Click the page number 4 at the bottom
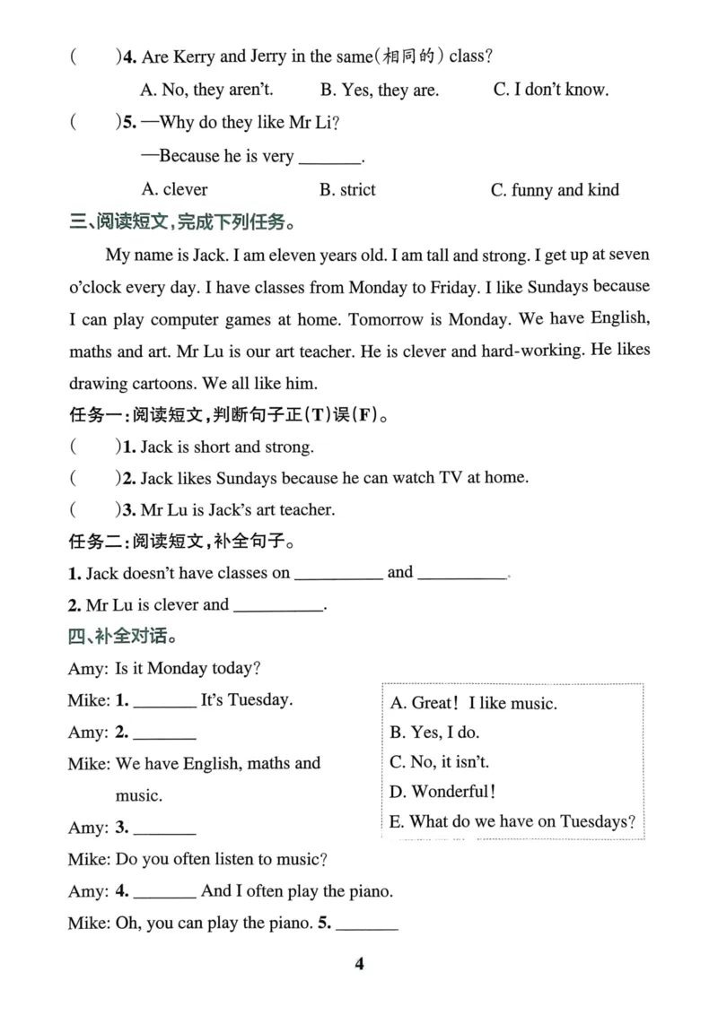(x=359, y=964)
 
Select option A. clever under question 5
(x=174, y=189)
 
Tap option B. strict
(x=347, y=189)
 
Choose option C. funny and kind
(x=555, y=189)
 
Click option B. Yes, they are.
(x=379, y=89)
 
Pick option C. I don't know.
(x=551, y=89)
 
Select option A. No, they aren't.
(x=207, y=89)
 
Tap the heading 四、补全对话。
(x=121, y=638)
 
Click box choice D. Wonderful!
(x=442, y=791)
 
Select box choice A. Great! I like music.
(x=473, y=703)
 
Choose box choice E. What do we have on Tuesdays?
(x=512, y=820)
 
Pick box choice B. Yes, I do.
(x=434, y=733)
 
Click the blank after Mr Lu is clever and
(x=278, y=606)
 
